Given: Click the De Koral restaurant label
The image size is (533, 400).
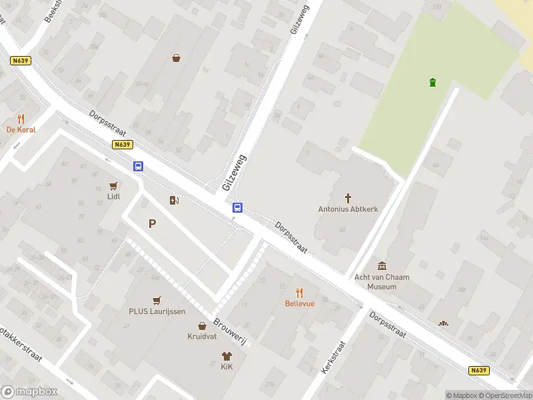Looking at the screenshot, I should pos(21,130).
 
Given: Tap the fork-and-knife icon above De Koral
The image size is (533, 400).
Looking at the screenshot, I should pos(21,119).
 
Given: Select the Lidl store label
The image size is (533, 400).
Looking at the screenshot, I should pos(114,197).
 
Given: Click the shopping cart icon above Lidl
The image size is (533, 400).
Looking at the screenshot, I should pos(114,186).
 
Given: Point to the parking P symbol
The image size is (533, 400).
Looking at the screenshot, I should pos(153,224).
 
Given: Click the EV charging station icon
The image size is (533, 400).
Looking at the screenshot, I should pos(175,200).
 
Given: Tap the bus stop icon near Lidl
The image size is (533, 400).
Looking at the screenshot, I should pos(138,167).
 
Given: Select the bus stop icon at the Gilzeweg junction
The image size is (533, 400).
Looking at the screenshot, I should pos(237,208).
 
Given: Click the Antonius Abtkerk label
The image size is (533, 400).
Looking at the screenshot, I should pos(348,209).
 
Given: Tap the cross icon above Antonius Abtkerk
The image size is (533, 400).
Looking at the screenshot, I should pos(348,198).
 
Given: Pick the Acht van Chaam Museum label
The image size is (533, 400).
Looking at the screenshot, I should pos(382,281).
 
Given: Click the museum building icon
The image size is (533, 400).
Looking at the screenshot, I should pos(382,266).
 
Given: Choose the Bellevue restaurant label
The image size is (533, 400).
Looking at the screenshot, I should pos(299,303).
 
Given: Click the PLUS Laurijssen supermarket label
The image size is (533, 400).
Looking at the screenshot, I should pos(157,311).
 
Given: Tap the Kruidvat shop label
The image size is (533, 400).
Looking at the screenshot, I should pos(201,337).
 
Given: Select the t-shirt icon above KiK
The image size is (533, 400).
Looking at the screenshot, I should pos(227,356).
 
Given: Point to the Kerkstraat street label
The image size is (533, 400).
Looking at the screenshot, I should pos(333,357).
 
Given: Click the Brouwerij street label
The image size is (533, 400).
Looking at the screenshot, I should pos(230,331).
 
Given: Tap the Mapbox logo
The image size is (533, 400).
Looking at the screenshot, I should pos(29,392).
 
